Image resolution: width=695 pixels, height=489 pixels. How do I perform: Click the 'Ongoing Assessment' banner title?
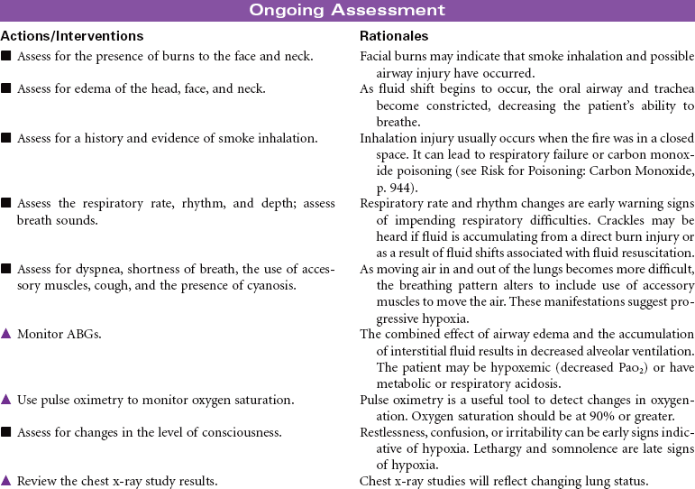(347, 11)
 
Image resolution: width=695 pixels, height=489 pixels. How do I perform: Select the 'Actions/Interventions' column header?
(72, 36)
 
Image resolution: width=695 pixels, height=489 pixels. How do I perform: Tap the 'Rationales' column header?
(394, 36)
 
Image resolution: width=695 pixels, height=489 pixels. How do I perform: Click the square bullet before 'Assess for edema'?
(6, 88)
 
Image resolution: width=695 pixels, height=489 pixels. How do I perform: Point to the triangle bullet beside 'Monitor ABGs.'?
(6, 334)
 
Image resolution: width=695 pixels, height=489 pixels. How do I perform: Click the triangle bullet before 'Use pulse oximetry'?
(6, 400)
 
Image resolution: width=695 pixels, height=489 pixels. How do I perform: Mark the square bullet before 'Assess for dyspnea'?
(6, 269)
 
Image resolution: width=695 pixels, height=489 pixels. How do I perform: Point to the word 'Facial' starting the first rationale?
(377, 56)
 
